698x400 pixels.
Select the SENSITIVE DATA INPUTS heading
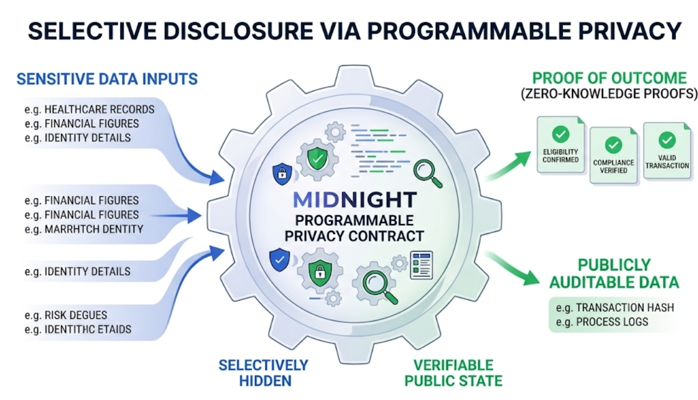click(107, 78)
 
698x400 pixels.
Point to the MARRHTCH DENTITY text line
click(84, 229)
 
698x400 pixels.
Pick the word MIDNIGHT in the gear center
click(355, 199)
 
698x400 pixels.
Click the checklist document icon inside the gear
click(421, 264)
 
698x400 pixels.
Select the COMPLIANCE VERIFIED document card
click(613, 155)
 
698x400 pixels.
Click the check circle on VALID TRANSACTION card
click(667, 140)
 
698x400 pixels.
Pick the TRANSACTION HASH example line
click(616, 307)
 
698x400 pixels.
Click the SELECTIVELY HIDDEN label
click(263, 372)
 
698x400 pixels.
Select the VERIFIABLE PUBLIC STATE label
click(453, 372)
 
